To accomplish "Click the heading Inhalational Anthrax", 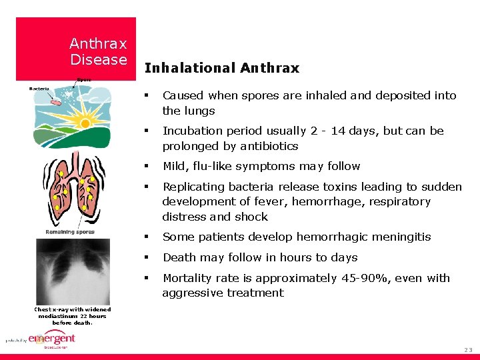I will pyautogui.click(x=221, y=68).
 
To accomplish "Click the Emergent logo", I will pyautogui.click(x=51, y=339).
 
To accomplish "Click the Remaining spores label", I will pyautogui.click(x=70, y=232).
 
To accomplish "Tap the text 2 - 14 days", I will pyautogui.click(x=337, y=131).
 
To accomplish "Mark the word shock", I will pyautogui.click(x=252, y=217).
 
